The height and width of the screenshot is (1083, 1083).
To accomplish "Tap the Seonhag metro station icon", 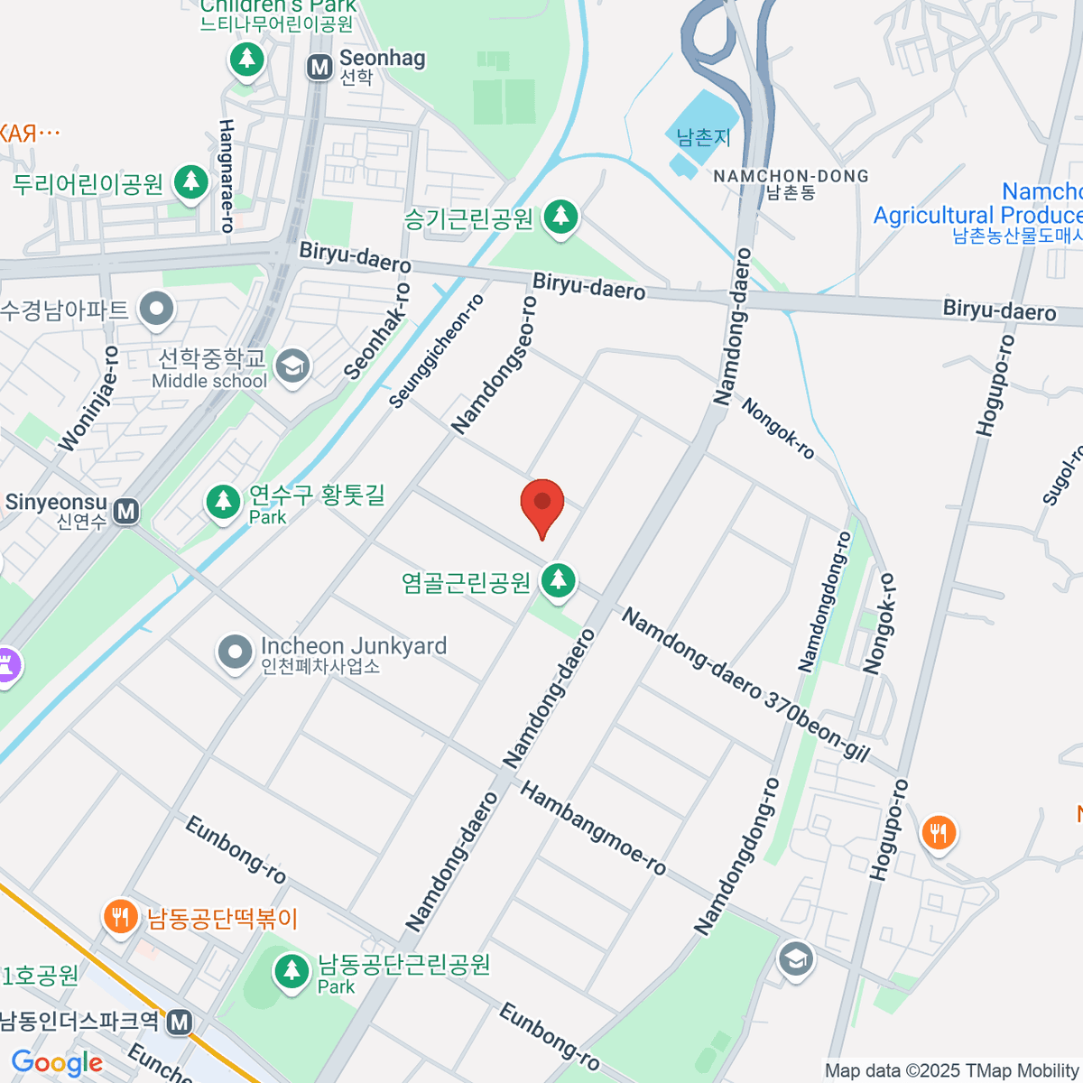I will pyautogui.click(x=319, y=67).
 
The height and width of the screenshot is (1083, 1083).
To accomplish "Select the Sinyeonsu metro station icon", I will pyautogui.click(x=126, y=512).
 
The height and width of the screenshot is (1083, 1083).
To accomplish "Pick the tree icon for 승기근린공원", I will pyautogui.click(x=561, y=217).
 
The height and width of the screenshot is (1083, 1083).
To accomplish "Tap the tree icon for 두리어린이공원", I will pyautogui.click(x=190, y=182).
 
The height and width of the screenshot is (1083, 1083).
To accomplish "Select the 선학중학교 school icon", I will pyautogui.click(x=292, y=366).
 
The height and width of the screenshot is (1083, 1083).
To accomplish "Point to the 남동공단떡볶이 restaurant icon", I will pyautogui.click(x=119, y=917).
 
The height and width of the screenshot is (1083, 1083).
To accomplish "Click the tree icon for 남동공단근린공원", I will pyautogui.click(x=291, y=971).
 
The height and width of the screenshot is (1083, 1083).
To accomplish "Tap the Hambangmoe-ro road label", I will pyautogui.click(x=593, y=828).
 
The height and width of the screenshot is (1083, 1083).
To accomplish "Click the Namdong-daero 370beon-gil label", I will pyautogui.click(x=745, y=685).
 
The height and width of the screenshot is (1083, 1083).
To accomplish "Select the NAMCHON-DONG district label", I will pyautogui.click(x=791, y=176).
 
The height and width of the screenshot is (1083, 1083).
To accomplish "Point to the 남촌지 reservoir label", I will pyautogui.click(x=703, y=137).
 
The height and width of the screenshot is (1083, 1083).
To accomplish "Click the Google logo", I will pyautogui.click(x=57, y=1063).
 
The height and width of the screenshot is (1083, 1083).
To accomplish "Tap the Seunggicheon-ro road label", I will pyautogui.click(x=437, y=351).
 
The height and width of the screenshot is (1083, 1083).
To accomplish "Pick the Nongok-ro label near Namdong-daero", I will pyautogui.click(x=778, y=429).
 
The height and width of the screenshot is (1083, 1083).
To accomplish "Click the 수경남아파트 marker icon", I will pyautogui.click(x=158, y=310).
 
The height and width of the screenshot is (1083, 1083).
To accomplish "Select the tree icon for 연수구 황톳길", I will pyautogui.click(x=223, y=502).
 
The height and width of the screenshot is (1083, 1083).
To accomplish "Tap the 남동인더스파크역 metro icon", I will pyautogui.click(x=180, y=1022).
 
